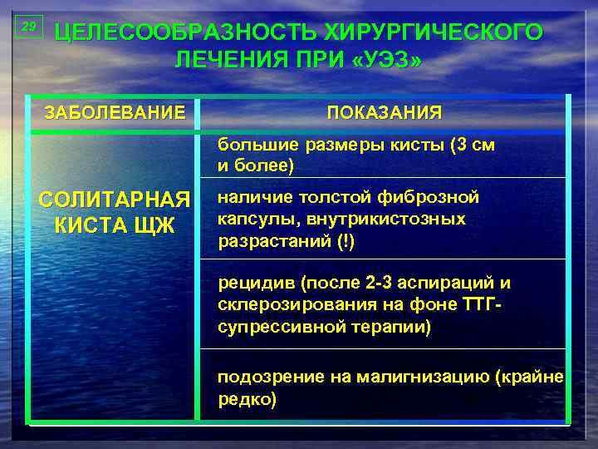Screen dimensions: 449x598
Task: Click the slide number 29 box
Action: (28, 27)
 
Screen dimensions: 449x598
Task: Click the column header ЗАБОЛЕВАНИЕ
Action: (115, 111)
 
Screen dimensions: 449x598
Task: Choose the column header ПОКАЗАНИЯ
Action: (384, 112)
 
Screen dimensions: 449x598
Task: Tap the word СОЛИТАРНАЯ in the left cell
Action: (115, 201)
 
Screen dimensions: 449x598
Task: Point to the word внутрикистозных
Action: (385, 220)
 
